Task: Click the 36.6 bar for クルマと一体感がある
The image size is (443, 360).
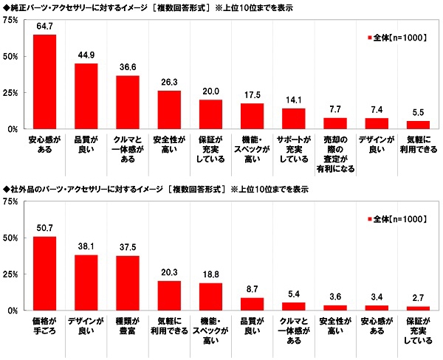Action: coord(128,103)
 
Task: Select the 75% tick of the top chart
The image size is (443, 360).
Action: coord(13,20)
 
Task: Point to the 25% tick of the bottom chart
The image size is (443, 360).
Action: coord(13,274)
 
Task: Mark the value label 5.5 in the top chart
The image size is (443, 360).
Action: coord(419,114)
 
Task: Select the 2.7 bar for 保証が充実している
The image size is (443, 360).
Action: coord(419,308)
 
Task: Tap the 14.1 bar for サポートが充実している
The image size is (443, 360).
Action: coord(294,119)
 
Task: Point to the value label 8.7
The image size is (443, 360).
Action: coord(253,290)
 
